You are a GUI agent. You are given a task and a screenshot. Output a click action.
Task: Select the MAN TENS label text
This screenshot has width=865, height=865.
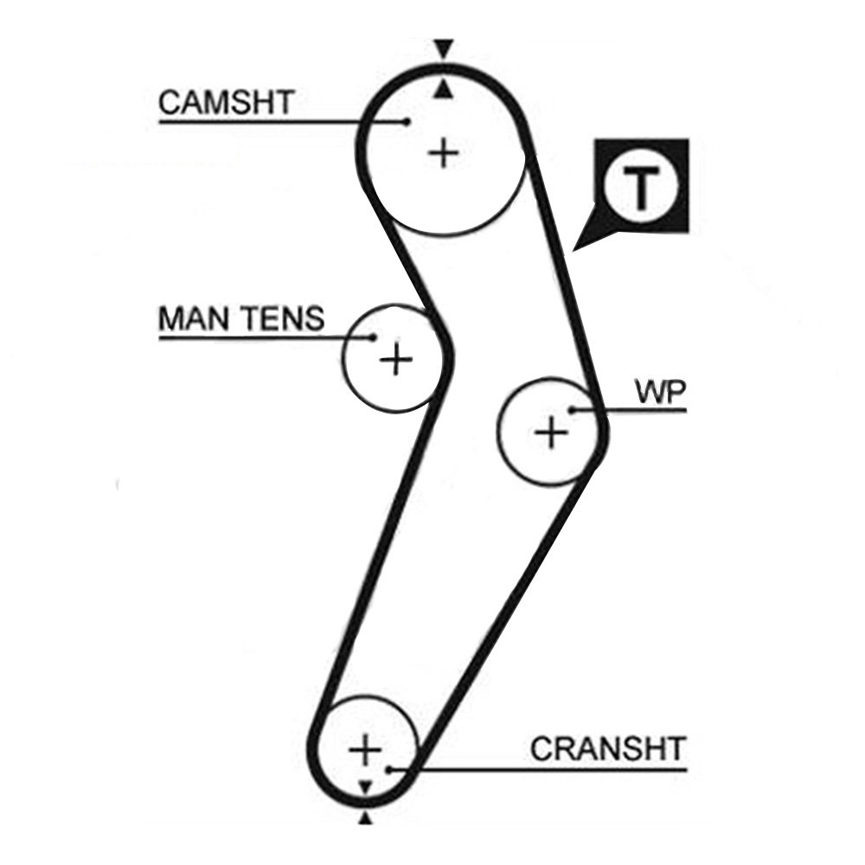[x=241, y=319]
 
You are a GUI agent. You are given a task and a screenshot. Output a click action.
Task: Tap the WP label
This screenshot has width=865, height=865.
[x=660, y=393]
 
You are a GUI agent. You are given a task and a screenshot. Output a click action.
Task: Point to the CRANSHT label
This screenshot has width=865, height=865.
[x=607, y=748]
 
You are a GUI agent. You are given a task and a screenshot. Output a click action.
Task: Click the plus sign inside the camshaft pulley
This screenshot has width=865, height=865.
[x=444, y=153]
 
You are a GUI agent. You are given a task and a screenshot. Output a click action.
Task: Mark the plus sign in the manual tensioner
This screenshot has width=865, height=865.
[x=396, y=358]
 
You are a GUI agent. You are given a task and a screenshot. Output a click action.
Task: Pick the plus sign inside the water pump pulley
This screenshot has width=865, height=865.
[x=551, y=431]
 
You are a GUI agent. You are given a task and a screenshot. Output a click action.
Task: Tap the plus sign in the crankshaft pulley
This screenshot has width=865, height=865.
[x=367, y=749]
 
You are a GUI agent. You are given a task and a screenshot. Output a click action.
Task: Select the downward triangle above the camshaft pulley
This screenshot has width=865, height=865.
[x=444, y=48]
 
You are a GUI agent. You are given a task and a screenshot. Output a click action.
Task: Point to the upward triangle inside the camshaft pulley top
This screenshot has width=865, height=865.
[x=444, y=89]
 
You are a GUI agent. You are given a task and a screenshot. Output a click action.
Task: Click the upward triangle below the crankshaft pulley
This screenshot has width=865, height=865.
[x=365, y=818]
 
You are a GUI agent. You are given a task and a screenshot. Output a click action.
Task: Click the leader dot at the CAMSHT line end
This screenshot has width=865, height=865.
[x=407, y=121]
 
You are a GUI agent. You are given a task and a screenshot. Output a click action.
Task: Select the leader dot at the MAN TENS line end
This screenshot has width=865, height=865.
[x=374, y=337]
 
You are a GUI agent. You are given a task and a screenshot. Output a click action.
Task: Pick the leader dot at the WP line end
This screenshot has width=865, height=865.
[x=571, y=409]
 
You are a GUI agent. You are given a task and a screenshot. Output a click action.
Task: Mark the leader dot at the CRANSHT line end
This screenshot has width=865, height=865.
[x=390, y=767]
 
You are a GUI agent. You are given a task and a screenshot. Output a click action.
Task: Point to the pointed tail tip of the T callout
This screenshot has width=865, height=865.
[x=575, y=249]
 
